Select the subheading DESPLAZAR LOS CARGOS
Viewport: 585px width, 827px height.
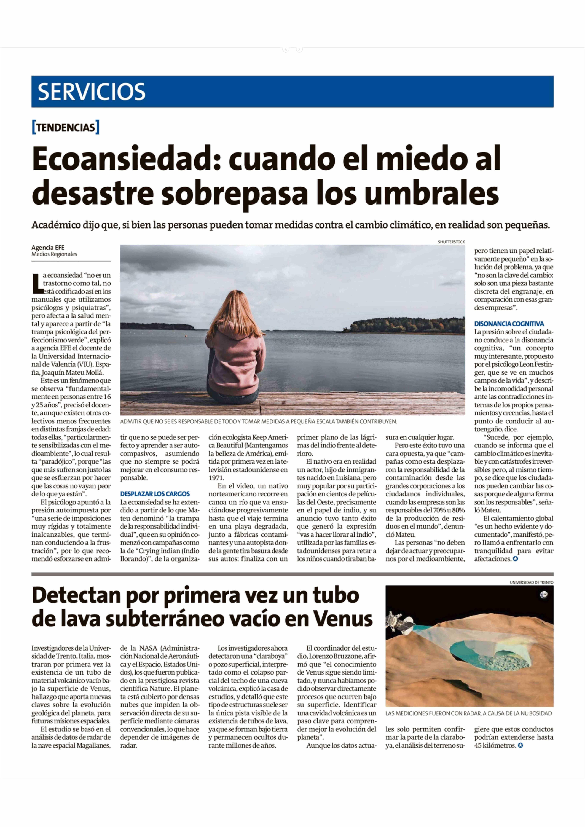point(155,494)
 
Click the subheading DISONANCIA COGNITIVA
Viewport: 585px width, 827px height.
point(509,324)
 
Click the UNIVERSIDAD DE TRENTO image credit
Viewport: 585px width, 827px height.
point(531,582)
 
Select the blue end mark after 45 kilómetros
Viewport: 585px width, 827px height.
point(520,745)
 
